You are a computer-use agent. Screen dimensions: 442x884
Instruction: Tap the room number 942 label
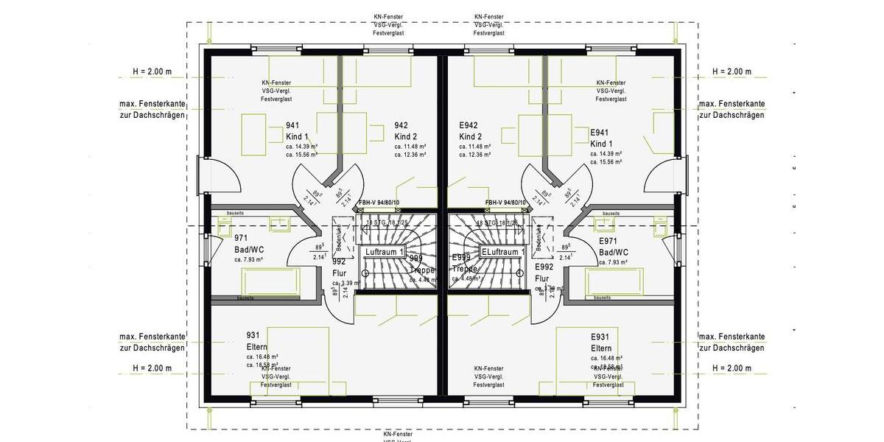pos(401,125)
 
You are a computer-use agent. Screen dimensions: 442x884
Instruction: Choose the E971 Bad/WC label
pos(613,246)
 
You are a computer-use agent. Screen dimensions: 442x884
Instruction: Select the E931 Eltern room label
pos(601,341)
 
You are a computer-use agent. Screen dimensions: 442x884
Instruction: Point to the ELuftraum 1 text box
pos(502,252)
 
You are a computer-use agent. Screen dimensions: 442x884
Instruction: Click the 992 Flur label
pos(339,267)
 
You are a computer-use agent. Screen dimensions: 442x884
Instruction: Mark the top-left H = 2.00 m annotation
pos(152,71)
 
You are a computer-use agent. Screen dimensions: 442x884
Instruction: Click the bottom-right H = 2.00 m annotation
pos(732,368)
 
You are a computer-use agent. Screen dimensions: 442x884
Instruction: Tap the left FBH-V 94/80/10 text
pos(379,203)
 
